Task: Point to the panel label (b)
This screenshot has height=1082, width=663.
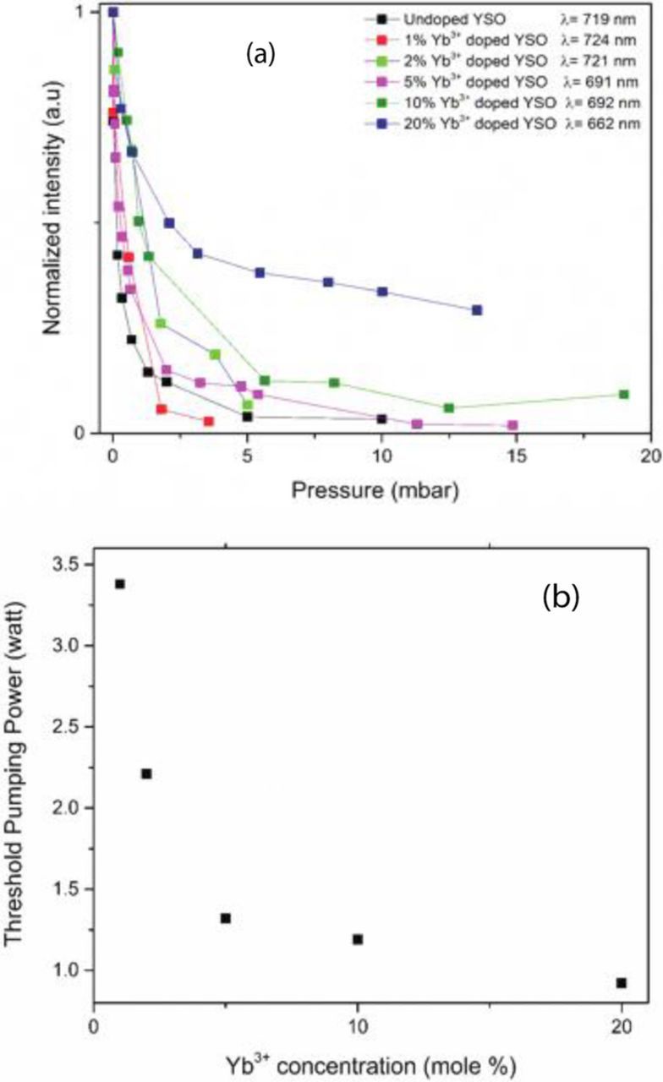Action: [x=561, y=596]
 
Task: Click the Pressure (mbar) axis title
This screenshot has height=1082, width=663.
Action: [x=375, y=490]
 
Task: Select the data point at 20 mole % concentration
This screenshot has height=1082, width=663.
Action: [x=622, y=983]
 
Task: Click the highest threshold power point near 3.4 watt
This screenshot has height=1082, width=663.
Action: [x=120, y=584]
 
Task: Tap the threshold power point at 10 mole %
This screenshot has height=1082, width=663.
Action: [x=358, y=939]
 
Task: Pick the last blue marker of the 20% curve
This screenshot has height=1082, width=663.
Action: [x=477, y=310]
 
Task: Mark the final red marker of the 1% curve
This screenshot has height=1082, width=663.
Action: [x=209, y=421]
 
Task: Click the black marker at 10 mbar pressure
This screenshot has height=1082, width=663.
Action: [x=381, y=419]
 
